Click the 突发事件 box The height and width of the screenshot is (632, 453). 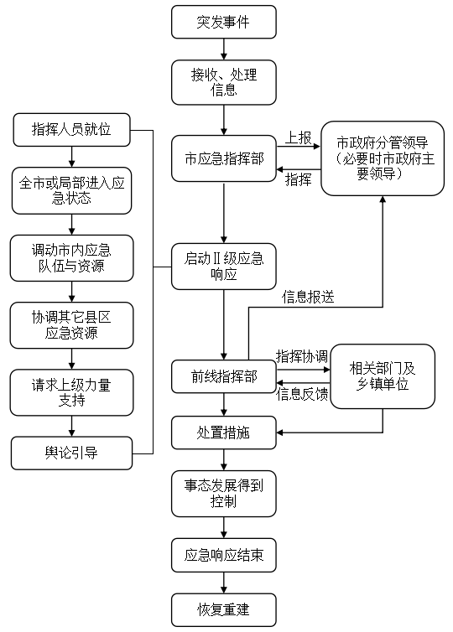click(223, 23)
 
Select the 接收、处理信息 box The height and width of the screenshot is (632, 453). click(223, 81)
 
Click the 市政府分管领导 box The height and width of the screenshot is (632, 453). click(382, 158)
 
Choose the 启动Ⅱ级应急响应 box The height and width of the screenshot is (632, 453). click(223, 266)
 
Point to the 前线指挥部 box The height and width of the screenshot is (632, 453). click(223, 376)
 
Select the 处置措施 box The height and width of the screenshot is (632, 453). click(223, 433)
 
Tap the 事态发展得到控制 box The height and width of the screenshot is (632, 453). click(223, 493)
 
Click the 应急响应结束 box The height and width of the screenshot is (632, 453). click(223, 555)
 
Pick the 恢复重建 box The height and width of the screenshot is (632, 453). click(223, 609)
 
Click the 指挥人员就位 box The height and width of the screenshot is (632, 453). click(71, 129)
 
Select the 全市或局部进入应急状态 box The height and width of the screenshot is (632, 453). click(71, 190)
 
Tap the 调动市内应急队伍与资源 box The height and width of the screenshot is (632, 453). click(71, 257)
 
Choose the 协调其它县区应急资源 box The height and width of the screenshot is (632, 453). click(71, 324)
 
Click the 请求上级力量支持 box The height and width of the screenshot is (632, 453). click(71, 391)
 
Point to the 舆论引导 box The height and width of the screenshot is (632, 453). click(71, 453)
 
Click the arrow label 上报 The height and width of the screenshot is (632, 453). click(299, 136)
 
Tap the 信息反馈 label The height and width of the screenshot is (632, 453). click(302, 392)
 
